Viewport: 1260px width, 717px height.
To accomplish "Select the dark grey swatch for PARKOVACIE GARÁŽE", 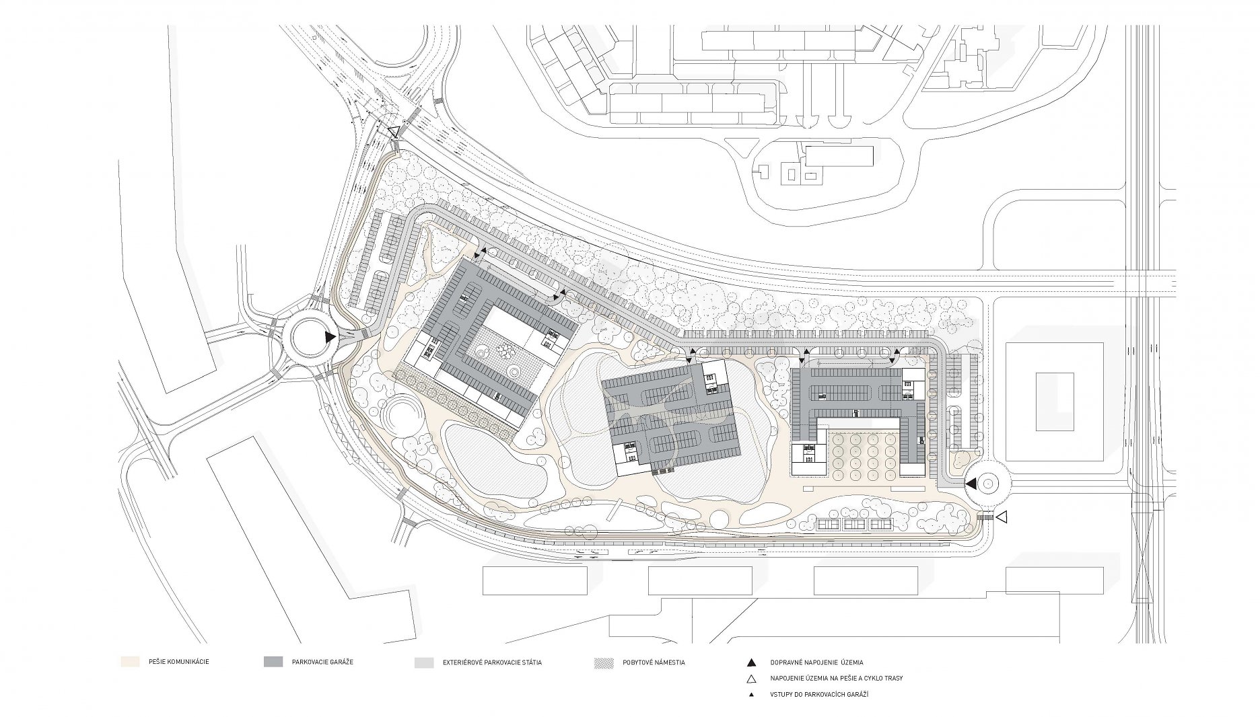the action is point(273,662).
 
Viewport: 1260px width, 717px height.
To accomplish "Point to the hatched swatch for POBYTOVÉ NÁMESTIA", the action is point(603,663).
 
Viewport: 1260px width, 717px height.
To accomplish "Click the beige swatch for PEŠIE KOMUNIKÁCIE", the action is point(129,662).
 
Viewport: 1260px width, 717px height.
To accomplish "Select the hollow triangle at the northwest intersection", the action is point(393,132).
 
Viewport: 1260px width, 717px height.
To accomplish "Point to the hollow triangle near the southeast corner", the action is point(1001,517).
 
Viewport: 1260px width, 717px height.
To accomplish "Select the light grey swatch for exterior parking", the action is point(424,663).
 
